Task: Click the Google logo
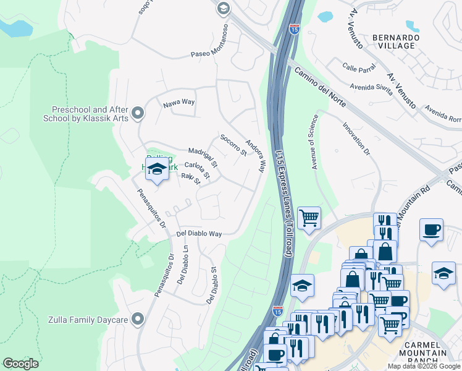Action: click(20, 364)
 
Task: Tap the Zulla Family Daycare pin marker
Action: click(137, 319)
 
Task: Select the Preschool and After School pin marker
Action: click(137, 113)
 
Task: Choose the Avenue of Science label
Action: click(314, 142)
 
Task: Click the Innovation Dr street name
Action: click(356, 139)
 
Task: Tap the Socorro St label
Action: click(233, 145)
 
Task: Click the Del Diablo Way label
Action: click(199, 234)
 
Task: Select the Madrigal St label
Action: click(203, 157)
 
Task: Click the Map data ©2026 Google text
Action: click(424, 366)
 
